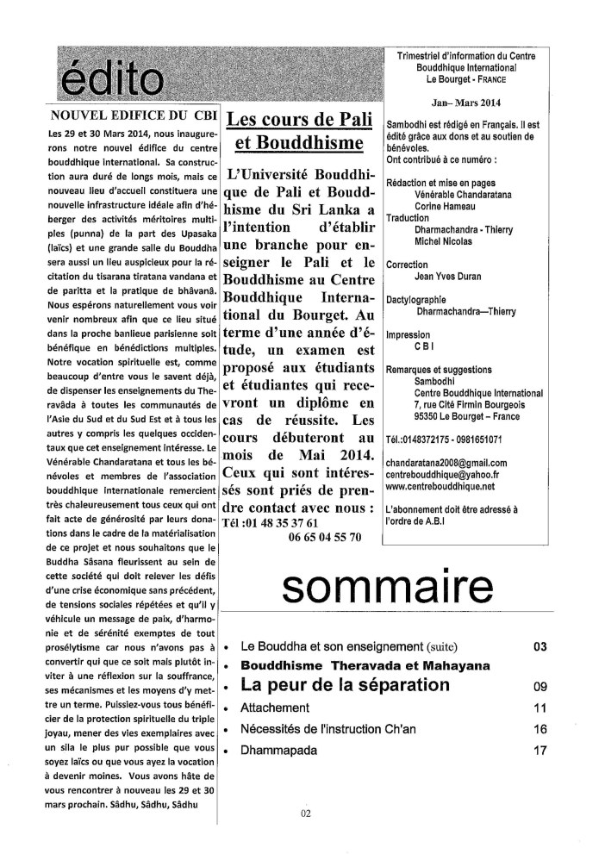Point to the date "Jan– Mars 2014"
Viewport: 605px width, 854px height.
pyautogui.click(x=477, y=102)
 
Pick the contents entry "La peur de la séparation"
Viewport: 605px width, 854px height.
pyautogui.click(x=346, y=686)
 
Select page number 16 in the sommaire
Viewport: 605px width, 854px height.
pyautogui.click(x=540, y=729)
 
